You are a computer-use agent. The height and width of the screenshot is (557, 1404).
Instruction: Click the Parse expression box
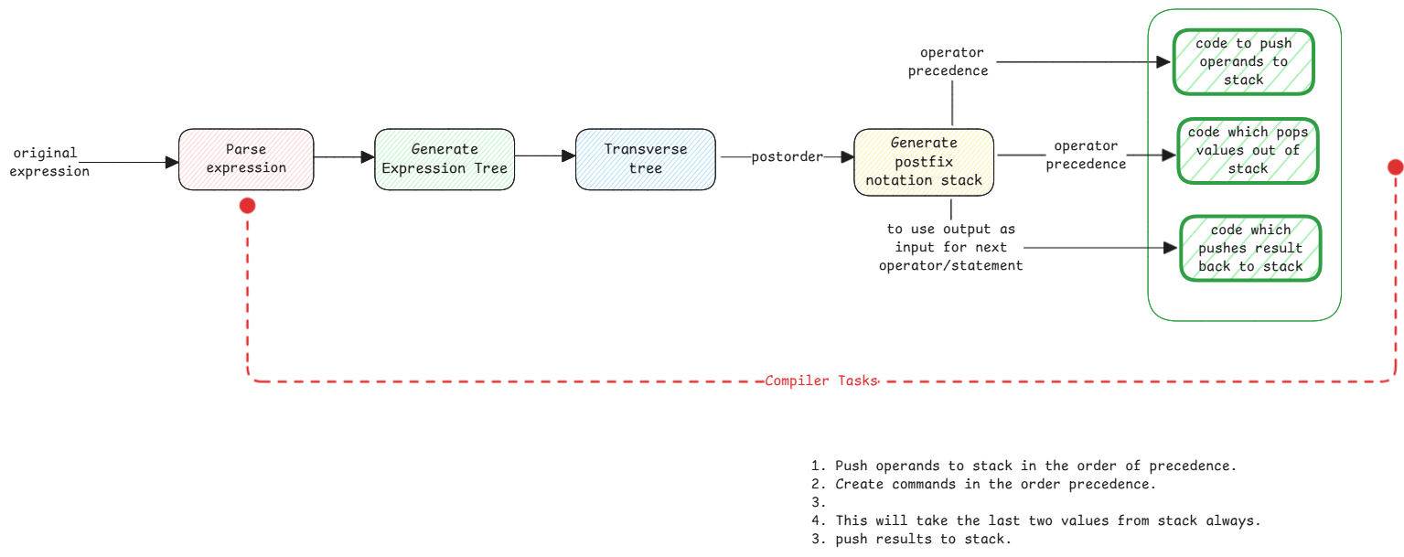click(246, 159)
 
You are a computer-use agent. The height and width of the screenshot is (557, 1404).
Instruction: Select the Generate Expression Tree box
click(445, 159)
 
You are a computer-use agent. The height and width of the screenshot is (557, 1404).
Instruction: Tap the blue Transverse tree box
click(645, 159)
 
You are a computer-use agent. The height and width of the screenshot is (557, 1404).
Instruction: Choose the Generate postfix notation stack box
click(924, 162)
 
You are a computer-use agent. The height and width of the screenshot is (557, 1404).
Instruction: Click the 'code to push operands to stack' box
click(1243, 62)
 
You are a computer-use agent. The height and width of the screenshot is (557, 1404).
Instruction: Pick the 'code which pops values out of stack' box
click(1248, 151)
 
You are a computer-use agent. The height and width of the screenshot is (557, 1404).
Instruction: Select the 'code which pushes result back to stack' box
click(1249, 249)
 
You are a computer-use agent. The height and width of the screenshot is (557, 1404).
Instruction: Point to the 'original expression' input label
click(49, 162)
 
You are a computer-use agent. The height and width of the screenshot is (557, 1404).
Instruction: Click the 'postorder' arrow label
click(786, 157)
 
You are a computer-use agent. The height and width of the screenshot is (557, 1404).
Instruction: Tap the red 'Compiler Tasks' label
click(820, 381)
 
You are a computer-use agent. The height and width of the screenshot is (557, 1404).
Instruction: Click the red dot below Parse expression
click(247, 206)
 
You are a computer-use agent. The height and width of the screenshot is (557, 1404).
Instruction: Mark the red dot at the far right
click(1395, 166)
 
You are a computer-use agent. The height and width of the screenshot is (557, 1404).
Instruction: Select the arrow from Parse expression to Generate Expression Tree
click(344, 158)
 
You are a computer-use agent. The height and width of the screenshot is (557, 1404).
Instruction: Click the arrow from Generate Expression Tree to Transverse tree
click(545, 156)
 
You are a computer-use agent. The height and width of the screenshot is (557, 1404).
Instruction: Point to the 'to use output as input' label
click(950, 247)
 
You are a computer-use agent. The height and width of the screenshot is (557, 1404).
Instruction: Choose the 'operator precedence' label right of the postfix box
click(1086, 155)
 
